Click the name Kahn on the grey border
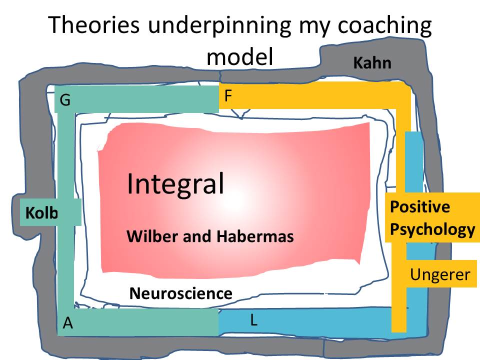(x=372, y=63)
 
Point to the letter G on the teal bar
(x=65, y=101)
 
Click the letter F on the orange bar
(x=228, y=95)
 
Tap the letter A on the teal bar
(x=68, y=324)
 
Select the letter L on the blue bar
(x=253, y=320)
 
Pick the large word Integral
(x=175, y=184)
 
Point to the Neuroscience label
(x=180, y=293)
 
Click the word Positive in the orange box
(x=420, y=207)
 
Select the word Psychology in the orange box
(x=432, y=229)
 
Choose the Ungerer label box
(x=440, y=274)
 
